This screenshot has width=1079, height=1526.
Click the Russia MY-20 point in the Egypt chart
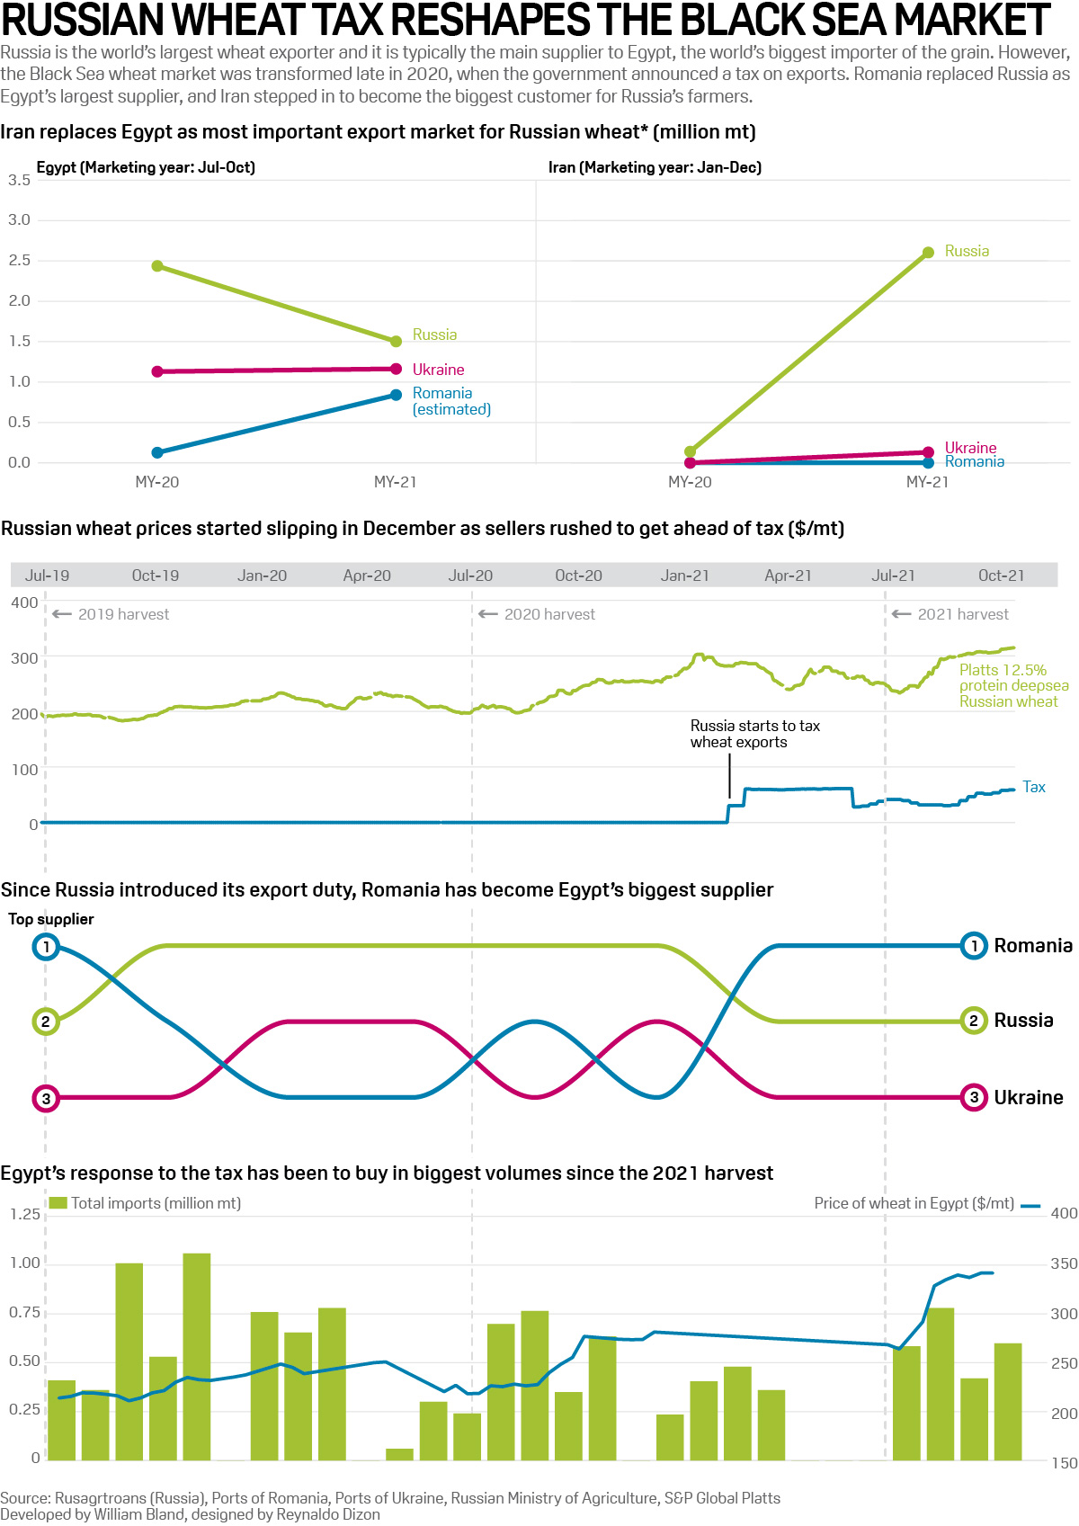(157, 266)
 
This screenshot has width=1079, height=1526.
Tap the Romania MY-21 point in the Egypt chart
(396, 395)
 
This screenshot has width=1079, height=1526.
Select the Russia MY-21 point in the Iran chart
(928, 253)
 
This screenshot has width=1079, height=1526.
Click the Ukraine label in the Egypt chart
(438, 370)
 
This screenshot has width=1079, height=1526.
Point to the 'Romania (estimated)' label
(450, 401)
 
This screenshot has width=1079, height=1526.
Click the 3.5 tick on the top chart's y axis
(19, 181)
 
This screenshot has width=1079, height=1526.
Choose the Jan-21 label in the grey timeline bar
(684, 576)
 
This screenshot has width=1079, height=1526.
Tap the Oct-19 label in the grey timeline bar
(155, 576)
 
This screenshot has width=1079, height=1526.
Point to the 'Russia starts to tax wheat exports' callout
(754, 734)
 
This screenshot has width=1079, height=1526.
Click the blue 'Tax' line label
(1034, 787)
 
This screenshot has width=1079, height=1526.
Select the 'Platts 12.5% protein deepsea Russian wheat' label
(1012, 685)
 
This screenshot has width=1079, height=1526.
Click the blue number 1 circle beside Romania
(974, 946)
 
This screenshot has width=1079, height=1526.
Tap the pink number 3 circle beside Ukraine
(974, 1097)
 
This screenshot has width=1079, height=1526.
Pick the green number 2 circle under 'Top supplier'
(46, 1022)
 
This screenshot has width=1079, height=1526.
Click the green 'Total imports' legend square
(58, 1202)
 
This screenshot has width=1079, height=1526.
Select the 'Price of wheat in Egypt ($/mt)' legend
(914, 1203)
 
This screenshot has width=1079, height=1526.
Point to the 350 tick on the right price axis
(1064, 1263)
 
